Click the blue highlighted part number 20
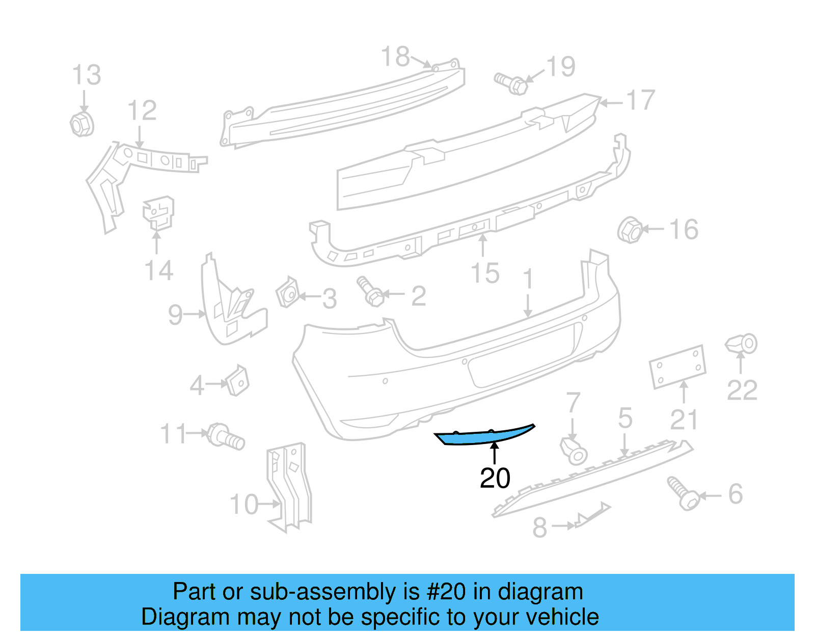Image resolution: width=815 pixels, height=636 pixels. pyautogui.click(x=484, y=436)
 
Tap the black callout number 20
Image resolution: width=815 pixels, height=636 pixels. pyautogui.click(x=495, y=478)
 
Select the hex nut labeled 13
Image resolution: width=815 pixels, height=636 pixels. pyautogui.click(x=81, y=124)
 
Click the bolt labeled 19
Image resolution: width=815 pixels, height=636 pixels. pyautogui.click(x=511, y=83)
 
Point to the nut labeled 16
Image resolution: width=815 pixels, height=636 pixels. pyautogui.click(x=630, y=230)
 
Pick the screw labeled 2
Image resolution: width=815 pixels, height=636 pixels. pyautogui.click(x=370, y=292)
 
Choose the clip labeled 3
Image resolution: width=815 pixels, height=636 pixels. pyautogui.click(x=288, y=293)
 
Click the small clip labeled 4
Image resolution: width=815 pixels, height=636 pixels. pyautogui.click(x=238, y=381)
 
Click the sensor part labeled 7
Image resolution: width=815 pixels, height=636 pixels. pyautogui.click(x=574, y=450)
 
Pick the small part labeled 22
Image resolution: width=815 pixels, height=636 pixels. pyautogui.click(x=743, y=344)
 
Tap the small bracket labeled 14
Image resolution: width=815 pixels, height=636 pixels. pyautogui.click(x=158, y=213)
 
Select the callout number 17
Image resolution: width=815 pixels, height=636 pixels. pyautogui.click(x=640, y=100)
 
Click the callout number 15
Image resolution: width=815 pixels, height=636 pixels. pyautogui.click(x=485, y=273)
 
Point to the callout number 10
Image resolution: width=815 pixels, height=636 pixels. pyautogui.click(x=244, y=505)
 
